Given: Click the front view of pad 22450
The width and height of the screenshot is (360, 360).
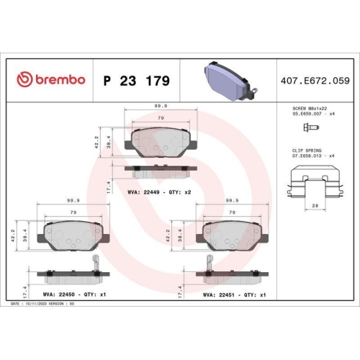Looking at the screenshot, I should (x=72, y=234).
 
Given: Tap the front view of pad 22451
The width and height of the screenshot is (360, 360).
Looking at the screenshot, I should (x=232, y=234).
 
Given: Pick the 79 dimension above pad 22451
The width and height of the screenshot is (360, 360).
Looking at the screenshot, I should (x=232, y=213).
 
